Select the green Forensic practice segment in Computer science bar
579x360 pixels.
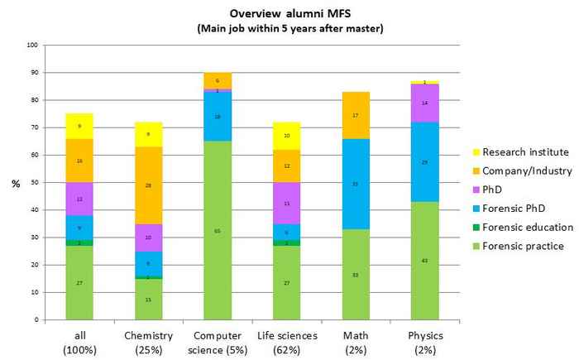(x=218, y=230)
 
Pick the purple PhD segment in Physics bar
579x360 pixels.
(x=424, y=103)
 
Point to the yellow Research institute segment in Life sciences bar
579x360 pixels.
(x=287, y=135)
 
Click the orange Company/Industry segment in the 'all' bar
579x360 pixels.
(x=79, y=161)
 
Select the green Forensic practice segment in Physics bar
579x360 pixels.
(x=424, y=261)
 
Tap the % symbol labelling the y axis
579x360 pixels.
(x=16, y=183)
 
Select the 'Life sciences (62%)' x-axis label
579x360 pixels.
(x=287, y=342)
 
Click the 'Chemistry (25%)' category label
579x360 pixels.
(x=149, y=342)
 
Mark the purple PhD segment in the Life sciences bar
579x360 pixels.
(x=287, y=203)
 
